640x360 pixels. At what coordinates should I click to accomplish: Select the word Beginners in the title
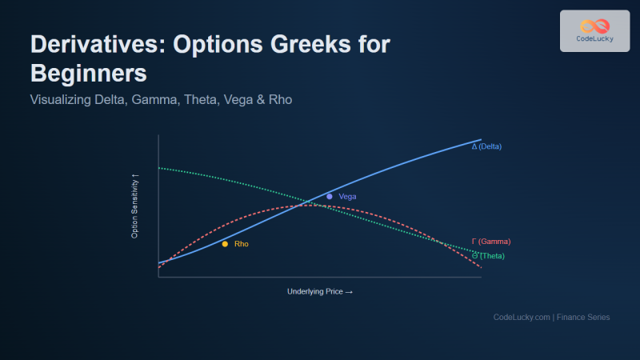[x=89, y=74]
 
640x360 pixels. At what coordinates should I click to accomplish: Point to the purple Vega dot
[x=329, y=196]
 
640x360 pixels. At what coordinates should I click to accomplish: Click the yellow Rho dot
[x=225, y=244]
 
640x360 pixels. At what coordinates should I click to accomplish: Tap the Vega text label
[x=347, y=197]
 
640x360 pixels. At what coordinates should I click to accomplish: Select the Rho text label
[x=241, y=244]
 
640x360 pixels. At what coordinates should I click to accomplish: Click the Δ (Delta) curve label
[x=486, y=146]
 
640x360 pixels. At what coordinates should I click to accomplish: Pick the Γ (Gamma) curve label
[x=490, y=242]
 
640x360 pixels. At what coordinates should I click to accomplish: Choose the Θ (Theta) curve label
[x=488, y=256]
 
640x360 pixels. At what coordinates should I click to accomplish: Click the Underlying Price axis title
[x=319, y=292]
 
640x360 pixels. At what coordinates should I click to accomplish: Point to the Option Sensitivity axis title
[x=134, y=206]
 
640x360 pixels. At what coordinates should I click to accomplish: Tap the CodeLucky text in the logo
[x=594, y=40]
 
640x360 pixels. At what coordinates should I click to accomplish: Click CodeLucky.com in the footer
[x=522, y=318]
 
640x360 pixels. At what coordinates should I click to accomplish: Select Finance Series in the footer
[x=583, y=318]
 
